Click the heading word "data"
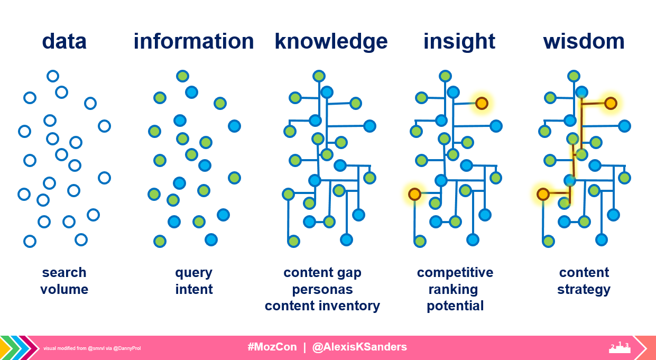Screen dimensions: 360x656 64,41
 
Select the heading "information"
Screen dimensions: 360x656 193,41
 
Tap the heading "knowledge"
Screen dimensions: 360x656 331,41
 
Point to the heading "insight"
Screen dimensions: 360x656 459,41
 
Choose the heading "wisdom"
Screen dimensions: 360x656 584,41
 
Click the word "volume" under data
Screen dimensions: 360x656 64,289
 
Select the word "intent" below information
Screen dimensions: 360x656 194,289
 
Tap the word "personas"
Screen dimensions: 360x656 322,289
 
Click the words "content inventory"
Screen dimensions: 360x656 322,306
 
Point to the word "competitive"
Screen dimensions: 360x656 455,272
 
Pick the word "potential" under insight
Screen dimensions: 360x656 455,306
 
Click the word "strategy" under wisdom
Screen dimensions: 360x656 584,289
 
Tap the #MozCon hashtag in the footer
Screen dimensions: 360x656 272,347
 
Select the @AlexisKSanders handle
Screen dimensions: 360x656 359,347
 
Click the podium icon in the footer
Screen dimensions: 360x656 620,347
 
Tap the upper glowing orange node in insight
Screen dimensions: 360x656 481,103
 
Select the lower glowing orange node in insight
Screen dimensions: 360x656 414,195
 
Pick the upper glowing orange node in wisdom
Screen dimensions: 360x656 611,103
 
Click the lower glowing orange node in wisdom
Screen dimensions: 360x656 543,195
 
